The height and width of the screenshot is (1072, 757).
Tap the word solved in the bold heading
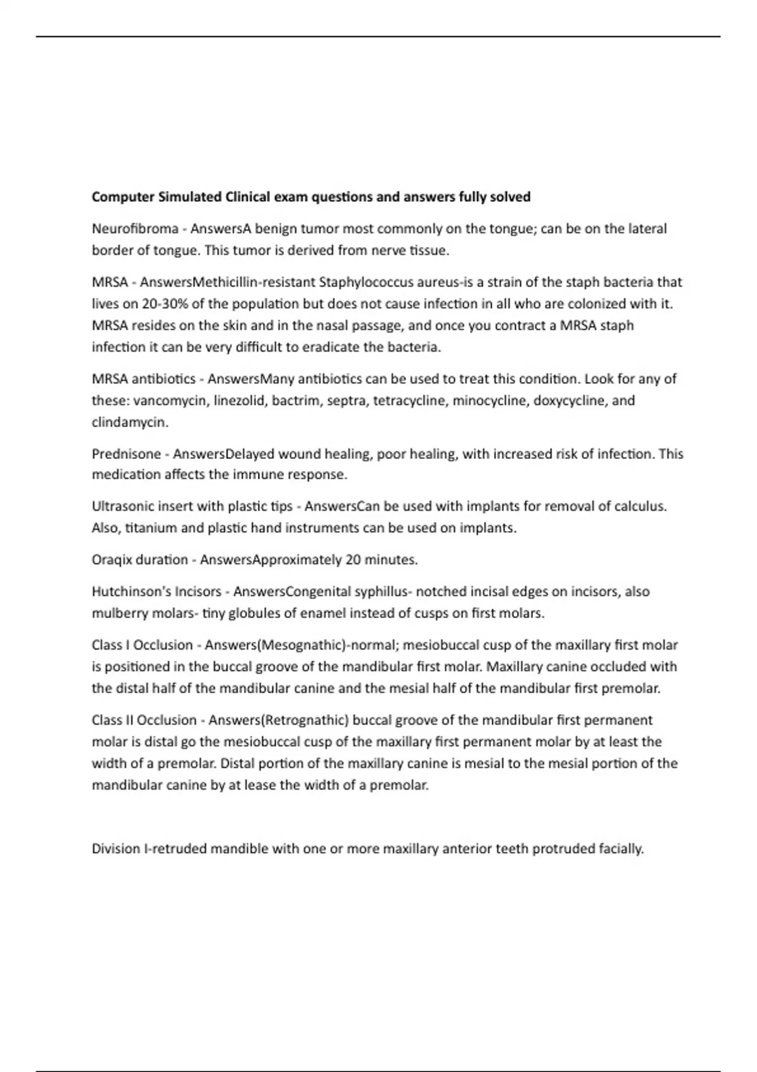509,197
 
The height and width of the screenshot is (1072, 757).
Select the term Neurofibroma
135,228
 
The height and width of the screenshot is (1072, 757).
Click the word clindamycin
130,422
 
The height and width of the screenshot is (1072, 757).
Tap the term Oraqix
112,560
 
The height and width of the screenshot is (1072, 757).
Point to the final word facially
621,849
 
